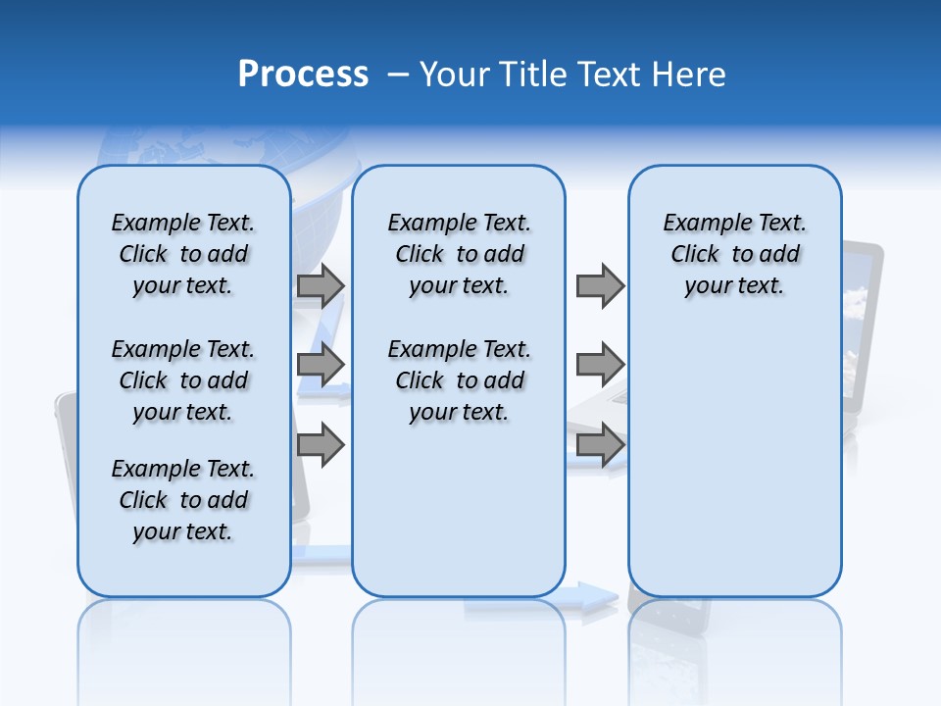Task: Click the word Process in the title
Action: coord(303,75)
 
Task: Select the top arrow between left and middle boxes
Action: coord(321,285)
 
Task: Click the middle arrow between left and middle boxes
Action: coord(321,366)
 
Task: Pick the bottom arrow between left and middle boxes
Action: coord(321,445)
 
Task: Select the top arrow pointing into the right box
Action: coord(600,285)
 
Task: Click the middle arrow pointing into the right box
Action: coord(600,365)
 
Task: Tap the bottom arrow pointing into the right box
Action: coord(600,445)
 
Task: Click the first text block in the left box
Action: coord(183,254)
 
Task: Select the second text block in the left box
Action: coord(183,380)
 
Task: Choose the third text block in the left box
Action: coord(183,500)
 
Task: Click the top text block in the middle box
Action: coord(459,254)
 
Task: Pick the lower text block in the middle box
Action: coord(459,380)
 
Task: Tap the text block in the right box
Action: coord(734,254)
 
